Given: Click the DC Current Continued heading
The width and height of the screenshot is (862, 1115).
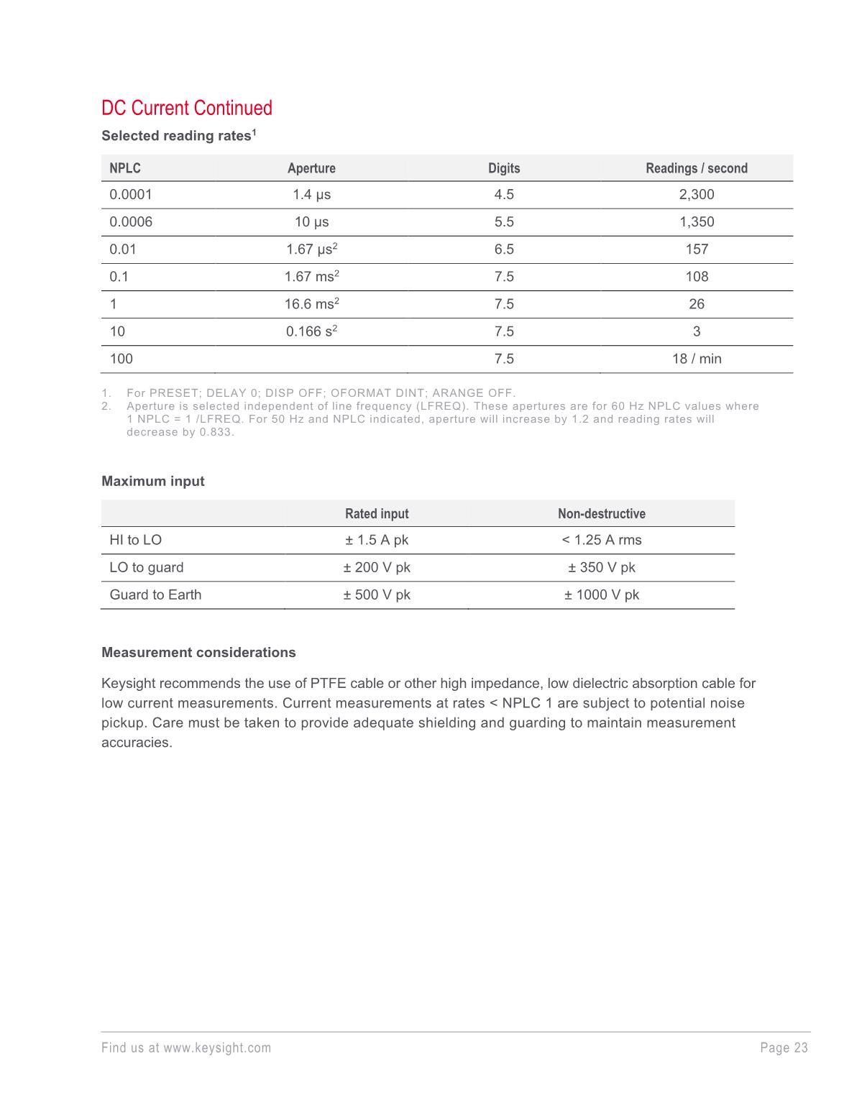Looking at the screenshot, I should point(187,108).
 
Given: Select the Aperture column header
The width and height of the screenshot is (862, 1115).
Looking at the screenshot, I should point(311,168).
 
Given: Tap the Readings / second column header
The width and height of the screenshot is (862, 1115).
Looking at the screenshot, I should point(696,168).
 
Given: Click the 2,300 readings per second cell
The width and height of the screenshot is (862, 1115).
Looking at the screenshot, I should point(697,194).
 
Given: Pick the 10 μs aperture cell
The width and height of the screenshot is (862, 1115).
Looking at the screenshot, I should point(311,221).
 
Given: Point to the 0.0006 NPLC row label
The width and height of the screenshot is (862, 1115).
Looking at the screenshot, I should point(131,221).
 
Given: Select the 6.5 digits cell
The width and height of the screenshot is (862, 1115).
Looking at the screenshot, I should point(504,249).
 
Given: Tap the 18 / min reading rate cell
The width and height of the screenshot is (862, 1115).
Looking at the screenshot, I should point(697,358).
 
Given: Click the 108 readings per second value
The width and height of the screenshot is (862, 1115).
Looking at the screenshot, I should point(697,276).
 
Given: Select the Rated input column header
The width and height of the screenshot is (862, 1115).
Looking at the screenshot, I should point(377,513).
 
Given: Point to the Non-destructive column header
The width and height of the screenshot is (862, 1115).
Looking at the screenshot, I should point(602,513).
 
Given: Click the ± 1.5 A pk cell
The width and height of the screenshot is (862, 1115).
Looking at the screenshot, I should point(377,540).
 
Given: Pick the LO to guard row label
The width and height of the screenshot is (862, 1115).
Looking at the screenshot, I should point(147,567).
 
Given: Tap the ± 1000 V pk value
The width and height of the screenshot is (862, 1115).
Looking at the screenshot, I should point(602,595).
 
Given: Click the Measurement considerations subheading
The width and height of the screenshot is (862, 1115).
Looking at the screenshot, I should point(198,652).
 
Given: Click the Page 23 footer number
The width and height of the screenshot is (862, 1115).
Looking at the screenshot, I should point(784,1047).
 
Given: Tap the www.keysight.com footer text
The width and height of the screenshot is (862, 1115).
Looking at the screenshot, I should point(217,1047).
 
